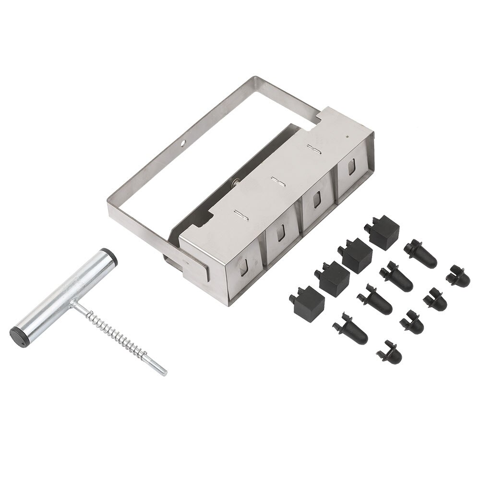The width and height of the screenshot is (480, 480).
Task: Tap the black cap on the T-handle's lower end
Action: coord(18,334)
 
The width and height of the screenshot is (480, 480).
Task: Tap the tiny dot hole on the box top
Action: coord(347,136)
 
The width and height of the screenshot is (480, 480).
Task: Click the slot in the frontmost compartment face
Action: coord(245,267)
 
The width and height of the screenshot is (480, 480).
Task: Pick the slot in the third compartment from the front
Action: coord(317,200)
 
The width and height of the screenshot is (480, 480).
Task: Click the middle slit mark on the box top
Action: coord(277,181)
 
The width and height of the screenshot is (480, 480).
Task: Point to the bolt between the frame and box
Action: coord(235,181)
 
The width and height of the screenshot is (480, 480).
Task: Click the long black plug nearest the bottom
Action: coord(350,329)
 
